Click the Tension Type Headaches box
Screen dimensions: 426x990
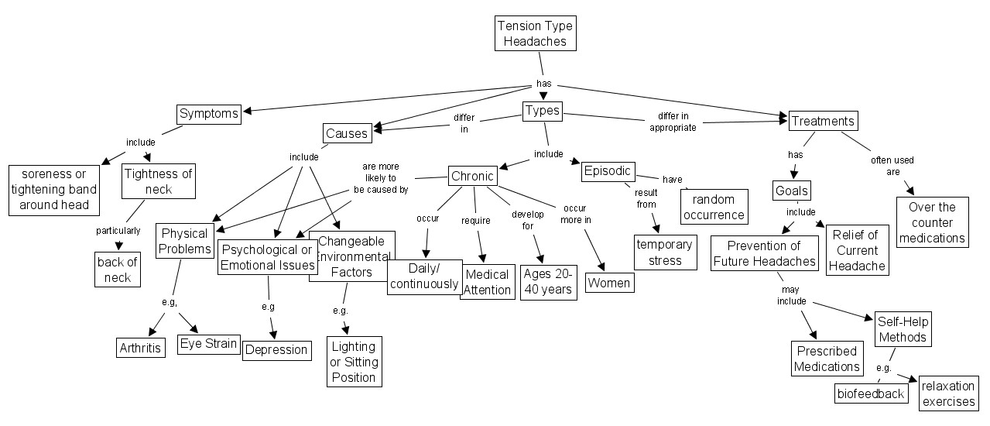(x=535, y=33)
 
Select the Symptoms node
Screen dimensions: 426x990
(x=208, y=115)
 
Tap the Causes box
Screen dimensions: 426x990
(x=347, y=133)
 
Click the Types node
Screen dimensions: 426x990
(x=542, y=111)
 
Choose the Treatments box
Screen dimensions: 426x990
(x=823, y=121)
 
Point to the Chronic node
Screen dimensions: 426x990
(x=472, y=176)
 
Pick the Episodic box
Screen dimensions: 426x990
(x=608, y=171)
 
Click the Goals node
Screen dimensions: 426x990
(x=791, y=191)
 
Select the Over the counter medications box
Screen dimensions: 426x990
(x=932, y=222)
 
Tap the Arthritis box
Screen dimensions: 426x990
(x=141, y=347)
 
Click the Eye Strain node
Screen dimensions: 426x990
(x=208, y=344)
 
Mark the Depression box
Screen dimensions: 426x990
(x=276, y=349)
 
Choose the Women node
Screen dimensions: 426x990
(x=609, y=283)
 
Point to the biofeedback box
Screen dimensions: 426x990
(x=871, y=393)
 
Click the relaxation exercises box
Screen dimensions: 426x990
(x=948, y=393)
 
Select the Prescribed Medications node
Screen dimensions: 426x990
(x=827, y=358)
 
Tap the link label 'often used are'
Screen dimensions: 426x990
(x=892, y=166)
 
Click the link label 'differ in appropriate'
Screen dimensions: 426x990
(x=672, y=122)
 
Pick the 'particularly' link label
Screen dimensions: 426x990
(x=118, y=231)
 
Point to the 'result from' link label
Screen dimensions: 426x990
(x=646, y=198)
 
